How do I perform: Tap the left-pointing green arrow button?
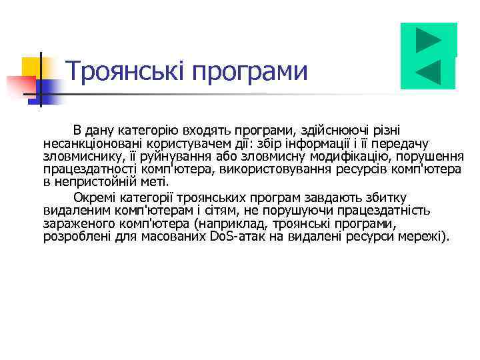[x=428, y=72]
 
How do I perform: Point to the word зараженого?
[x=75, y=223]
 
